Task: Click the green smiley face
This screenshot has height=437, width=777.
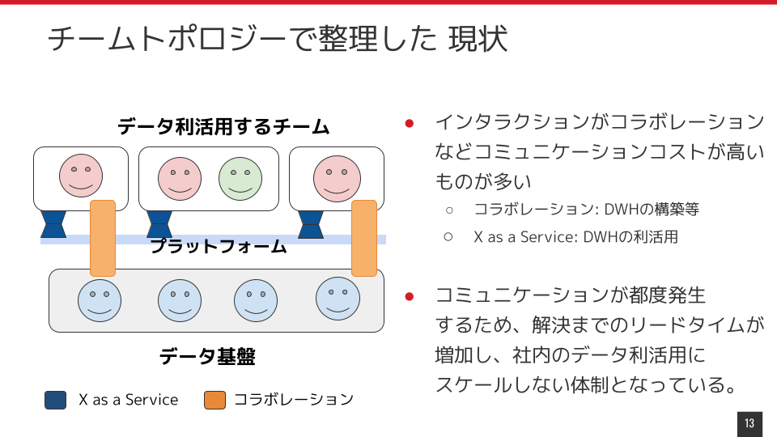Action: pyautogui.click(x=240, y=179)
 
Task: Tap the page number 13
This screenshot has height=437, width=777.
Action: pyautogui.click(x=749, y=423)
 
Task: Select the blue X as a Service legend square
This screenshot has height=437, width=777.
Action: pyautogui.click(x=56, y=400)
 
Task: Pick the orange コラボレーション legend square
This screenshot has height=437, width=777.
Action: pyautogui.click(x=215, y=400)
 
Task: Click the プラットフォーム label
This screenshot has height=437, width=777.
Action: pyautogui.click(x=219, y=246)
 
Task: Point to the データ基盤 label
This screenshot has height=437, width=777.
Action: pyautogui.click(x=207, y=356)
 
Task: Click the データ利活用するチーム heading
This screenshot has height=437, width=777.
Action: pyautogui.click(x=223, y=127)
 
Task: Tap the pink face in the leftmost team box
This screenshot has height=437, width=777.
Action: pyautogui.click(x=81, y=176)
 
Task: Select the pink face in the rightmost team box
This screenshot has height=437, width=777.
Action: pyautogui.click(x=337, y=178)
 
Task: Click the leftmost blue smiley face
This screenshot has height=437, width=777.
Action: pyautogui.click(x=100, y=300)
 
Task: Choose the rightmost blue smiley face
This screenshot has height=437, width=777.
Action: pyautogui.click(x=338, y=299)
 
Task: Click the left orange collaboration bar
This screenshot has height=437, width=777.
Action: pyautogui.click(x=103, y=238)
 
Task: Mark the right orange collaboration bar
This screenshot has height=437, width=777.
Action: pyautogui.click(x=364, y=238)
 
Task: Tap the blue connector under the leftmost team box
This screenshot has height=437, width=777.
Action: pyautogui.click(x=53, y=224)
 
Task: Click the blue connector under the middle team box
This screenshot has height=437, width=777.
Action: pyautogui.click(x=159, y=224)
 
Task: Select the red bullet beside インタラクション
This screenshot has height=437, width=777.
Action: pyautogui.click(x=410, y=123)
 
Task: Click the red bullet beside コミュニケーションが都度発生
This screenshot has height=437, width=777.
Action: pyautogui.click(x=410, y=296)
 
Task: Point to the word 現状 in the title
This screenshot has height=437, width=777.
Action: pyautogui.click(x=478, y=39)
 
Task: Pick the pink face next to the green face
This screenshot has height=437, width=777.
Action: pyautogui.click(x=180, y=179)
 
